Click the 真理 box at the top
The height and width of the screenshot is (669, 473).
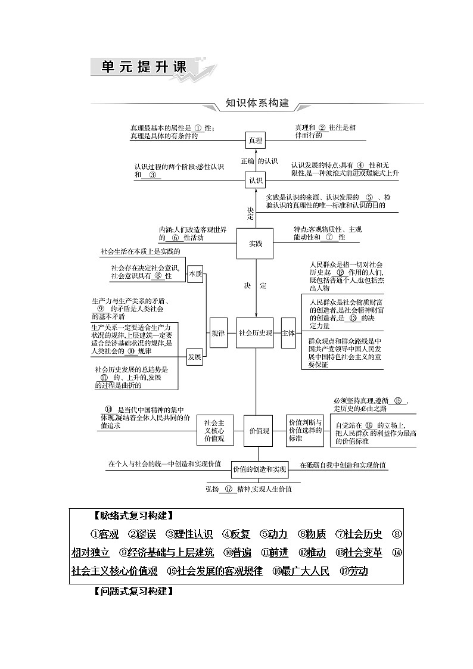[256, 141]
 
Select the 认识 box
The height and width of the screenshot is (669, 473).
[256, 180]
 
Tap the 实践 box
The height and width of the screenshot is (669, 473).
[256, 243]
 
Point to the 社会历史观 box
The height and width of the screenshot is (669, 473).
[256, 333]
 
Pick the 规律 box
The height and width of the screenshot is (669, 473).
[218, 333]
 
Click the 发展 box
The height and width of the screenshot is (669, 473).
[195, 357]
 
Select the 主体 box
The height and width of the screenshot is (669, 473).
[288, 333]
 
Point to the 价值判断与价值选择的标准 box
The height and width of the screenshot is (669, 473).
[305, 430]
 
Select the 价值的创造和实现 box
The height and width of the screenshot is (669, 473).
[260, 469]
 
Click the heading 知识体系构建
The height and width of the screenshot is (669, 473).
[257, 103]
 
